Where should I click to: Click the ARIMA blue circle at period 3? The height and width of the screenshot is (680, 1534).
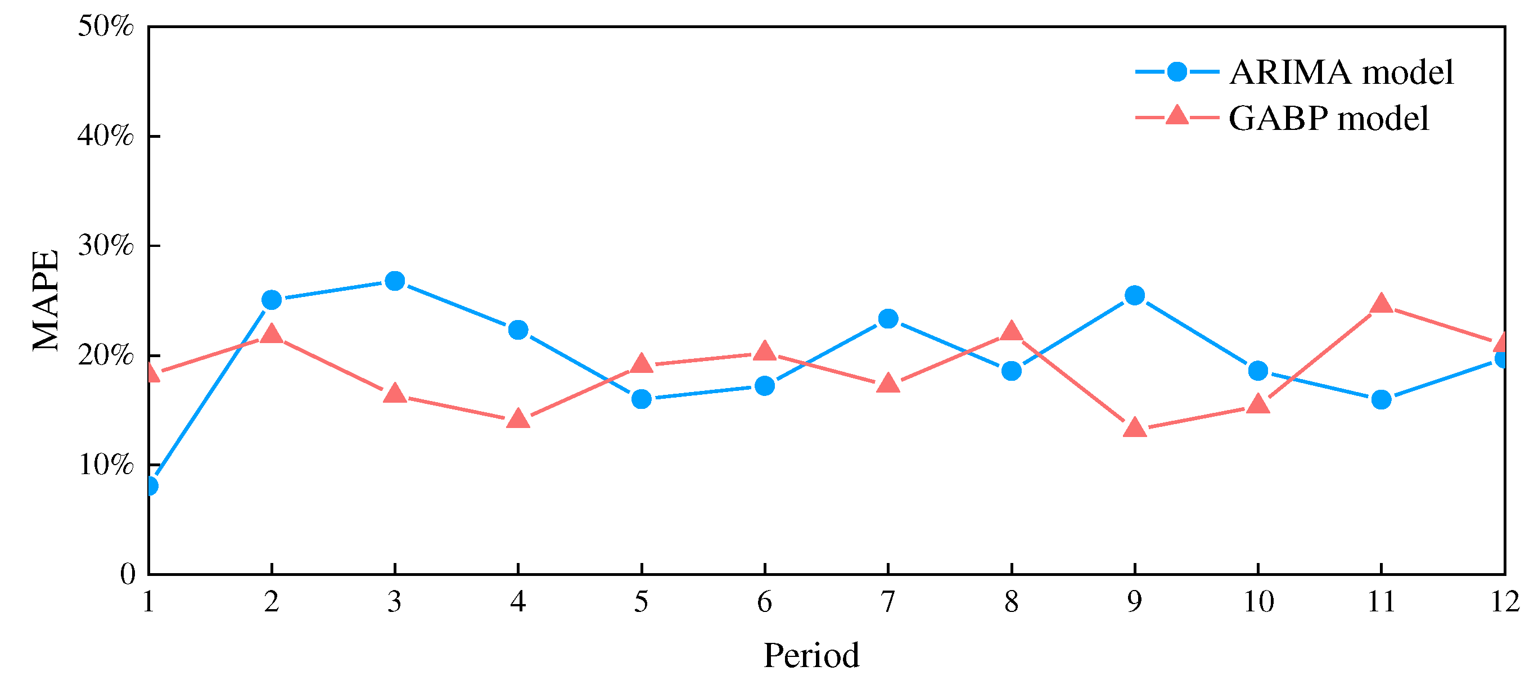395,281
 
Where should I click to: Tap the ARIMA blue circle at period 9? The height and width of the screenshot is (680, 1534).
1134,295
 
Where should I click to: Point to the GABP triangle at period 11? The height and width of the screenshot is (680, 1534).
1381,304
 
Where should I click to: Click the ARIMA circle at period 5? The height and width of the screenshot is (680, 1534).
642,398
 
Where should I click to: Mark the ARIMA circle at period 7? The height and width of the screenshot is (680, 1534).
888,318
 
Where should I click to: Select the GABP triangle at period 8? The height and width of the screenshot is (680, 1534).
1011,331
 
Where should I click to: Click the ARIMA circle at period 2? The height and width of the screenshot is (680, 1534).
272,300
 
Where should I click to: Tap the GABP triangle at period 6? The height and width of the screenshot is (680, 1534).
765,352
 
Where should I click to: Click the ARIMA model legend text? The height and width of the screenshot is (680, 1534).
1341,73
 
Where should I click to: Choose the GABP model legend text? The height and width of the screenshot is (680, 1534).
1329,119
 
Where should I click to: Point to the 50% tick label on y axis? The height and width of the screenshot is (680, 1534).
105,26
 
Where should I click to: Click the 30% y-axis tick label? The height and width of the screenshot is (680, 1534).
105,245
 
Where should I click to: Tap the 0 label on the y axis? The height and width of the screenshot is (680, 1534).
128,574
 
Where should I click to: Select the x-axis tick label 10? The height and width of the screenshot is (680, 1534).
1258,602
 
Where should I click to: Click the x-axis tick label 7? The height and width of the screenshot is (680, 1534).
888,602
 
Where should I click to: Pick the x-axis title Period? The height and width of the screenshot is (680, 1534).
811,656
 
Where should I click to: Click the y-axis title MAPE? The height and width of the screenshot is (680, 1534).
46,300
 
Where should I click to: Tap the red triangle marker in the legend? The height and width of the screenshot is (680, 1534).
1177,115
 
